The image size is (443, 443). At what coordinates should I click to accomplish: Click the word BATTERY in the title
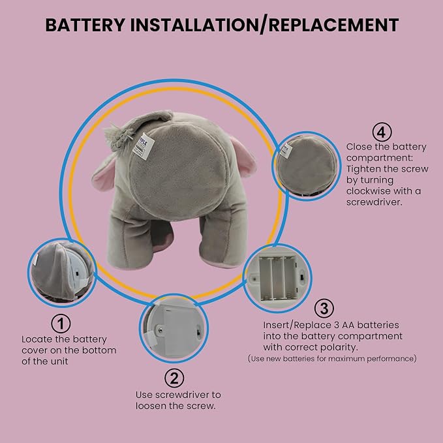[x=85, y=25]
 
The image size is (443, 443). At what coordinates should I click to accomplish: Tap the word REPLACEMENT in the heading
[x=333, y=25]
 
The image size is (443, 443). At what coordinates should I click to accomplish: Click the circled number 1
[x=61, y=324]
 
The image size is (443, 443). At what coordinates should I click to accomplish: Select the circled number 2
[x=174, y=378]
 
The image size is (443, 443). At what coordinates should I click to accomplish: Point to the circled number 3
[x=324, y=309]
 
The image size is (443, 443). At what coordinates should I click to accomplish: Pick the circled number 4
[x=382, y=132]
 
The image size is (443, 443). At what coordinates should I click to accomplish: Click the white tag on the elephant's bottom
[x=144, y=146]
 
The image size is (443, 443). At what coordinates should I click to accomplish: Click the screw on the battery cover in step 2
[x=160, y=329]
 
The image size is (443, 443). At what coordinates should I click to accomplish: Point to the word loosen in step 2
[x=151, y=406]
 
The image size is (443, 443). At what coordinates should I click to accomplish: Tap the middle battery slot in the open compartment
[x=278, y=278]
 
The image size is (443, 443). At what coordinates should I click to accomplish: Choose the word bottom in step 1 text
[x=99, y=350]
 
